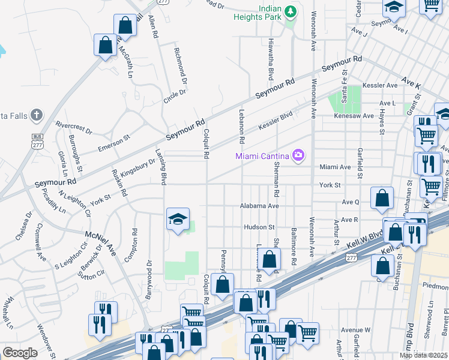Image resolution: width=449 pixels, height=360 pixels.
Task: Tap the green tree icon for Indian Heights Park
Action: click(x=291, y=12)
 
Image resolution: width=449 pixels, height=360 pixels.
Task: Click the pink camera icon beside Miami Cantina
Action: click(x=298, y=157)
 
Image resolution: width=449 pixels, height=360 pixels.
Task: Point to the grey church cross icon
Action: click(x=37, y=115)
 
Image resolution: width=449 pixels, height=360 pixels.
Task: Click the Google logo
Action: click(x=20, y=353)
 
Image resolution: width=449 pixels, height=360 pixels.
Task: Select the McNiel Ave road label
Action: click(x=98, y=238)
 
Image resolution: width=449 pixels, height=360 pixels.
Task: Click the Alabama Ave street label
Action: click(x=261, y=206)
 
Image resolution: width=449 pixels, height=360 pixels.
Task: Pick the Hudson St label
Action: click(x=259, y=227)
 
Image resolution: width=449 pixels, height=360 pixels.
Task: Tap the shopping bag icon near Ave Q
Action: click(x=382, y=199)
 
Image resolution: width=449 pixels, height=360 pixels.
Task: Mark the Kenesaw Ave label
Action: click(x=354, y=116)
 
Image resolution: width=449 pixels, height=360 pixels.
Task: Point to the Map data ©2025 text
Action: click(x=424, y=355)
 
